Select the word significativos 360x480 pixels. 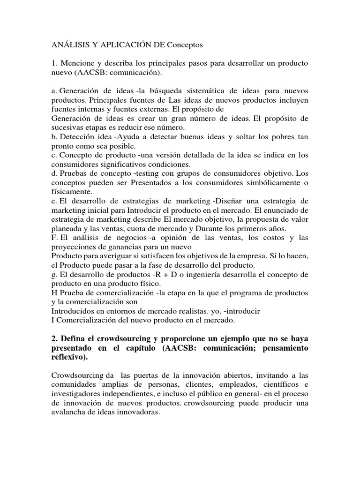tap(118, 165)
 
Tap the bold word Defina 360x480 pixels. tap(71, 338)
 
